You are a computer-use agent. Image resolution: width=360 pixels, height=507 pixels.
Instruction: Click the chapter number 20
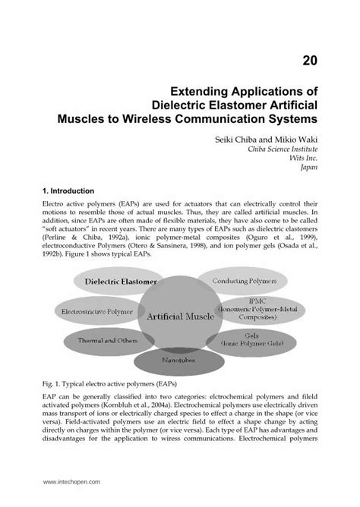tap(308, 61)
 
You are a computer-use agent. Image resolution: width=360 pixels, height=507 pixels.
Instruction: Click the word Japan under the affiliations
tap(302, 169)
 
